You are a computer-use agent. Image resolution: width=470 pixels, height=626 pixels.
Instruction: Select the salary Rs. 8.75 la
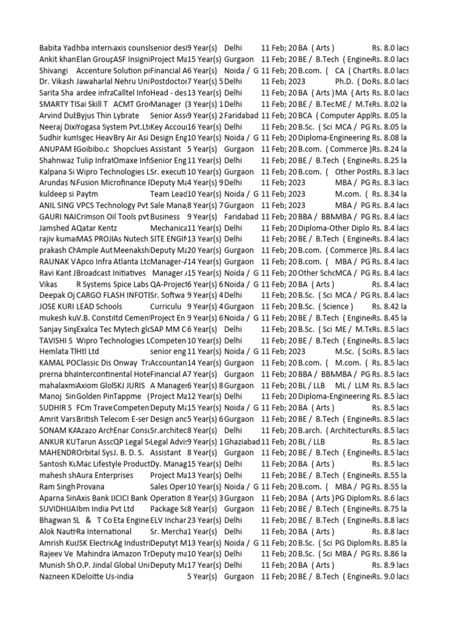390,509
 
